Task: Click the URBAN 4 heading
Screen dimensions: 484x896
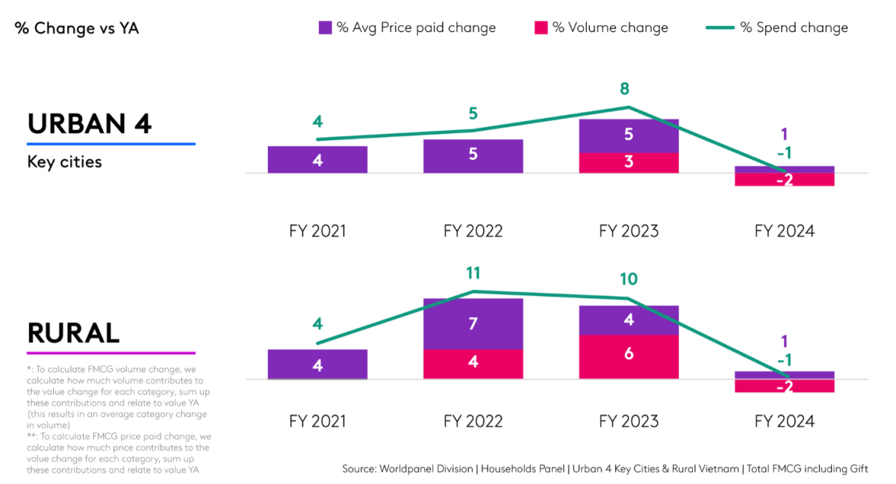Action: coord(90,123)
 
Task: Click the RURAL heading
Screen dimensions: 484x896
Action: coord(73,333)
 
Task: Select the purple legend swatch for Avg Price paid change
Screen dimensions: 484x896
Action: coord(325,28)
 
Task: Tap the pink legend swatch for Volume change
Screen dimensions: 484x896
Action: coord(541,28)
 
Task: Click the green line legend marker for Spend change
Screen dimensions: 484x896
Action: coord(720,28)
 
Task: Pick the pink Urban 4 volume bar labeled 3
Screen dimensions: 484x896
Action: coord(629,163)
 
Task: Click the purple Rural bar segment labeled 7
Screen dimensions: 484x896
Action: coord(473,323)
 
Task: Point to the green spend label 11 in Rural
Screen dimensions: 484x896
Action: coord(473,273)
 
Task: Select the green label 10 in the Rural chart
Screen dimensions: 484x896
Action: coord(629,279)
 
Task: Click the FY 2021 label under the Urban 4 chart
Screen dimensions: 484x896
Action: coord(317,231)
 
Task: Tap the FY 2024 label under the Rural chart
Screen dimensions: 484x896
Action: coord(784,421)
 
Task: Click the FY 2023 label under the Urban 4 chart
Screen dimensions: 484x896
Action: coord(629,231)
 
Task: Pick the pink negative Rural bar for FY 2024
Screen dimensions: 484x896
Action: coord(784,386)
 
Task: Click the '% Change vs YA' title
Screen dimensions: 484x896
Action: coord(77,28)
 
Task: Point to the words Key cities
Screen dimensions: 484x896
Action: coord(64,162)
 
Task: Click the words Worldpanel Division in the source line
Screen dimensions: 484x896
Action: coord(426,469)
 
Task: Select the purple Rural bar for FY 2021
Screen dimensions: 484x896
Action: coord(317,364)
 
